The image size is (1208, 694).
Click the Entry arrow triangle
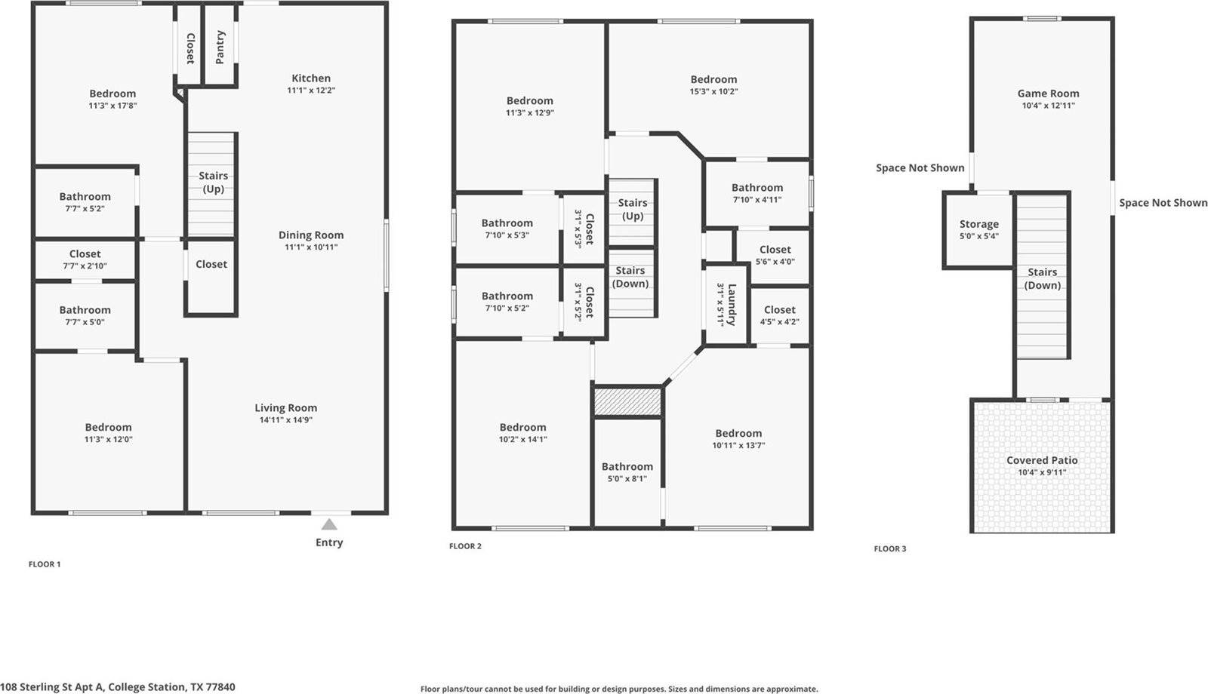click(x=329, y=524)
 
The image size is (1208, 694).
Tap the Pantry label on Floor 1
click(x=220, y=47)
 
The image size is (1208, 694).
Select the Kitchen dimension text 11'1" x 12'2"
click(x=310, y=91)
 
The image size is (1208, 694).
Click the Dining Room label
click(x=310, y=235)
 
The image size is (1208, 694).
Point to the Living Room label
click(x=285, y=408)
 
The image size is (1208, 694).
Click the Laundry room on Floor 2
click(x=726, y=304)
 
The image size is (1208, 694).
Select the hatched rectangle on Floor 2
click(x=627, y=402)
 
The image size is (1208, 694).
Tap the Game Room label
click(x=1048, y=94)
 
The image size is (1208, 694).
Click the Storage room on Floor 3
click(x=978, y=229)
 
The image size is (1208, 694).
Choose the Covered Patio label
click(x=1042, y=460)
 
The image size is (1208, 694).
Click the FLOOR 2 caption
click(x=465, y=546)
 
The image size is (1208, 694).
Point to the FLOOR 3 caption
click(x=890, y=548)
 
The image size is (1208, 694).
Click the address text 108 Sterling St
click(x=117, y=687)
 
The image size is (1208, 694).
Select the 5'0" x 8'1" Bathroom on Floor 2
click(x=627, y=472)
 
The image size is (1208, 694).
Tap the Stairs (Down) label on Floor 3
click(x=1042, y=278)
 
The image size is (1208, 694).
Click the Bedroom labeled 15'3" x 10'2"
click(x=713, y=84)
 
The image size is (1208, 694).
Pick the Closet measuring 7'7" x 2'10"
click(x=85, y=259)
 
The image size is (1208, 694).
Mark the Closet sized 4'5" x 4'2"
click(x=779, y=315)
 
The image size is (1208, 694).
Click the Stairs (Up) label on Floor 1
click(x=213, y=182)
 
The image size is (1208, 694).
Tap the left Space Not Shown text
click(x=920, y=168)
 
